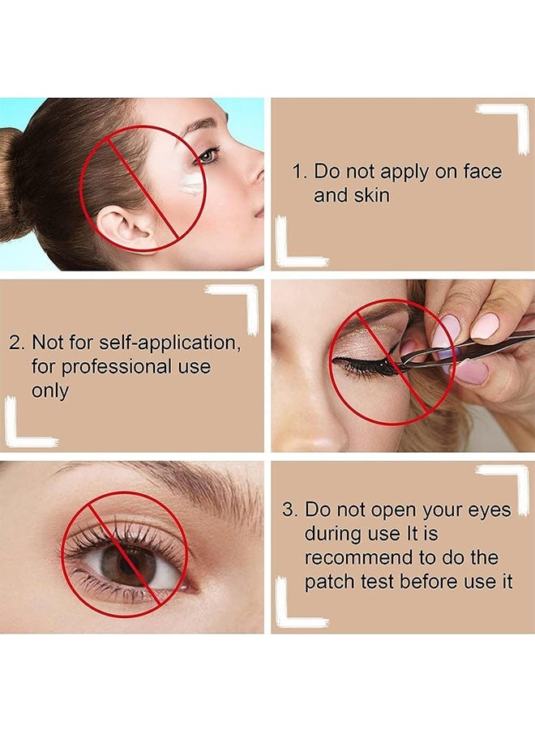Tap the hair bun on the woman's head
11,185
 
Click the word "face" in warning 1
482,171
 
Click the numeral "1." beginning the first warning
300,172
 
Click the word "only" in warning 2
49,391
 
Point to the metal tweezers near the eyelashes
465,347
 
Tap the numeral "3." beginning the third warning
289,509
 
